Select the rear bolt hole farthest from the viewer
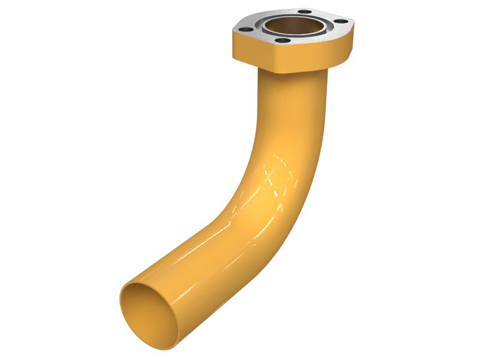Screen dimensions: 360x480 (x=305, y=11)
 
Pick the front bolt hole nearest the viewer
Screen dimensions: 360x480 (x=282, y=40)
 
